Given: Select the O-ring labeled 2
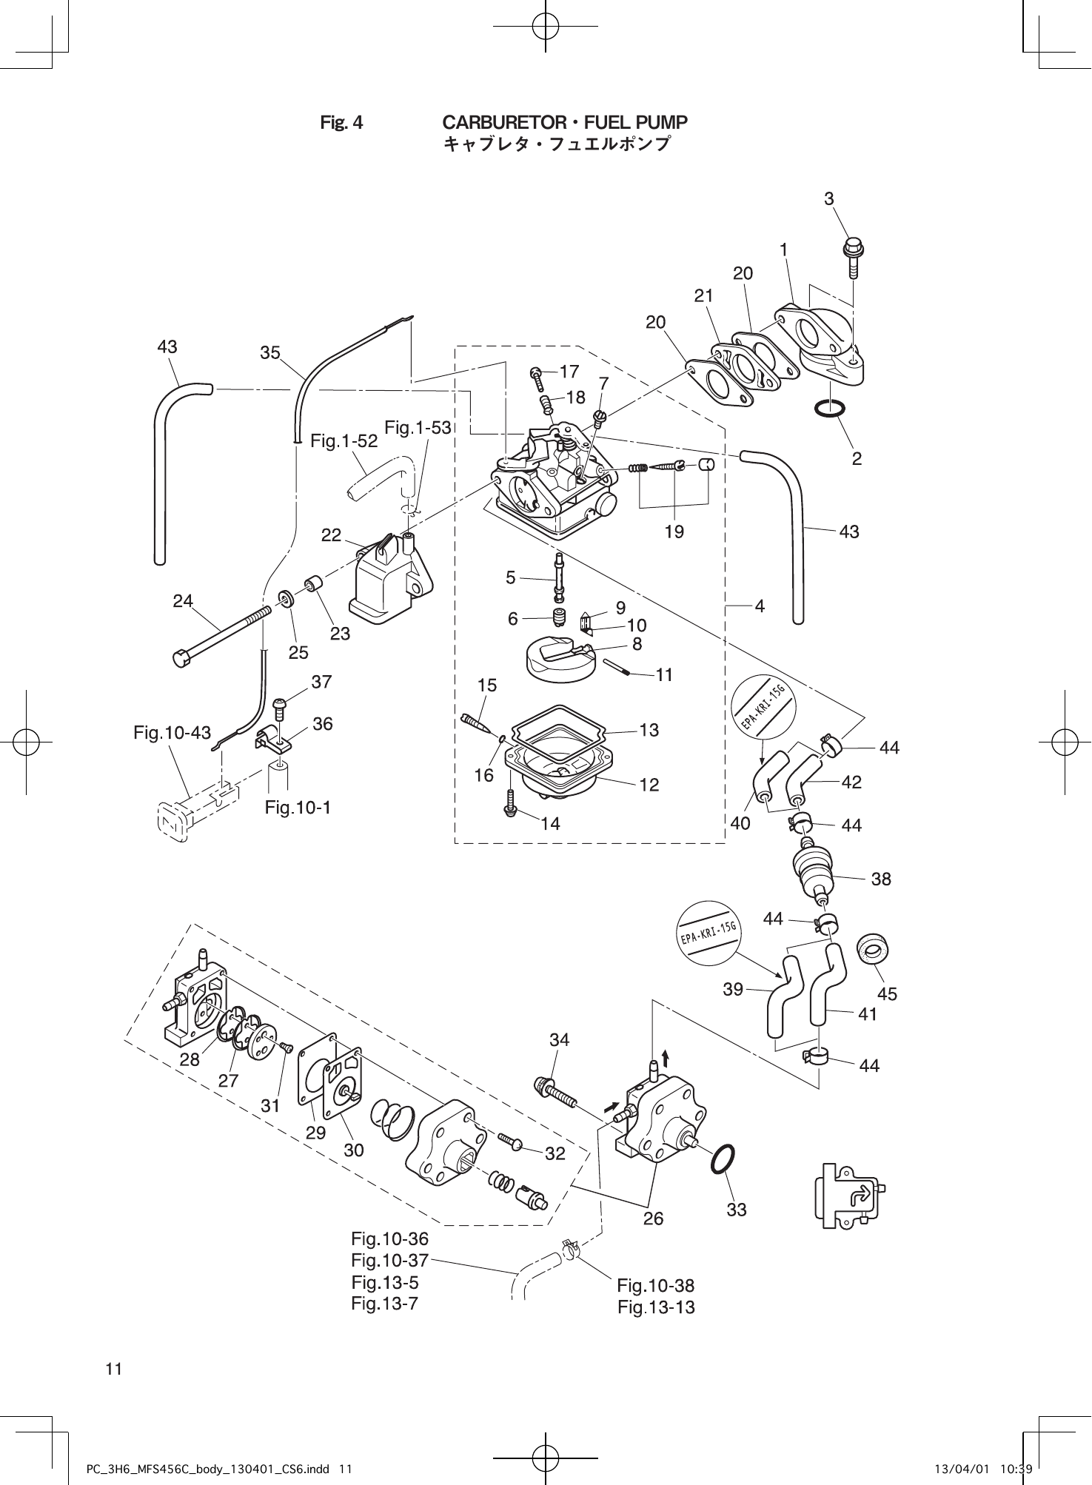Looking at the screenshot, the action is (831, 409).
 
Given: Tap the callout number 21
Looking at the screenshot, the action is (703, 295).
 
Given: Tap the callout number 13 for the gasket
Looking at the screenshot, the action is (649, 730).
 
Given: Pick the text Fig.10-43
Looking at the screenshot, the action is (172, 733).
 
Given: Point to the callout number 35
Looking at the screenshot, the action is (270, 353).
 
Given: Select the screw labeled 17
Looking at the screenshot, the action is (537, 380).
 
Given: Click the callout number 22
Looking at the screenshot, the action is (331, 534).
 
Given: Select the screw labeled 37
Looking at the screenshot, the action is (280, 709).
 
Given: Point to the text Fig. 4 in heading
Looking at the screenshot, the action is (341, 122).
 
